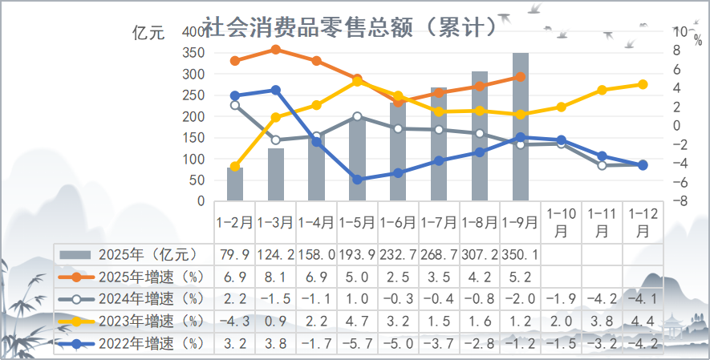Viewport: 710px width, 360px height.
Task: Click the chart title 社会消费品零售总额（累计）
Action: [349, 28]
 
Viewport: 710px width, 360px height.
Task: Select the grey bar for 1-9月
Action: [521, 128]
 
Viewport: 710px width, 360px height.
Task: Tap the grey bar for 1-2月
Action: [235, 184]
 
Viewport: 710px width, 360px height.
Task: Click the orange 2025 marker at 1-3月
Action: [276, 50]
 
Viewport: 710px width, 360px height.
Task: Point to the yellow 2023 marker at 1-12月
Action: [643, 84]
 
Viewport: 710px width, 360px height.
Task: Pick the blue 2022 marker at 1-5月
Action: [358, 179]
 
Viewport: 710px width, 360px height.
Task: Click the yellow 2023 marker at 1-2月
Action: [235, 167]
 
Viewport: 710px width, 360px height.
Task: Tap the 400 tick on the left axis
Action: [193, 31]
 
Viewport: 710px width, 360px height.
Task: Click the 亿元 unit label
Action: [148, 33]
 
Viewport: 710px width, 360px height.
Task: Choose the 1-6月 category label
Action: [398, 218]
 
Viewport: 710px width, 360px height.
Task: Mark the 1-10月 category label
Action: [561, 221]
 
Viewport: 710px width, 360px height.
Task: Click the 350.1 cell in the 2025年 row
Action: [521, 255]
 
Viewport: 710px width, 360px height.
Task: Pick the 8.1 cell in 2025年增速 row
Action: [276, 277]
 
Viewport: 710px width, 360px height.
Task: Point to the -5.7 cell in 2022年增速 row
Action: [358, 346]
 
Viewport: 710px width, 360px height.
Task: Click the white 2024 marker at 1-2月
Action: [235, 105]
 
